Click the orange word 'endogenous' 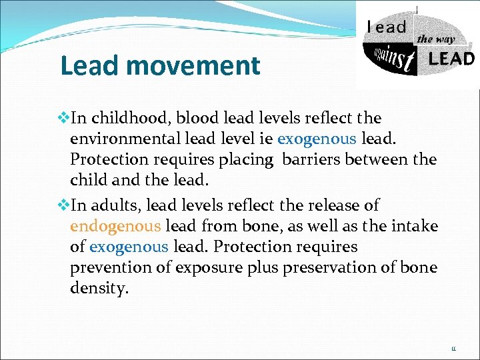tap(115, 226)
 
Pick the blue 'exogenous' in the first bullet tap(317, 139)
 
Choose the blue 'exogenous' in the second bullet tap(129, 247)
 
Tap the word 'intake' tap(415, 226)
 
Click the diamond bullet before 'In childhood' tap(64, 118)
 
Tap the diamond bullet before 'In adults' tap(64, 205)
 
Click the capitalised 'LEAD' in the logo tap(451, 59)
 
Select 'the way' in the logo tap(435, 39)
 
